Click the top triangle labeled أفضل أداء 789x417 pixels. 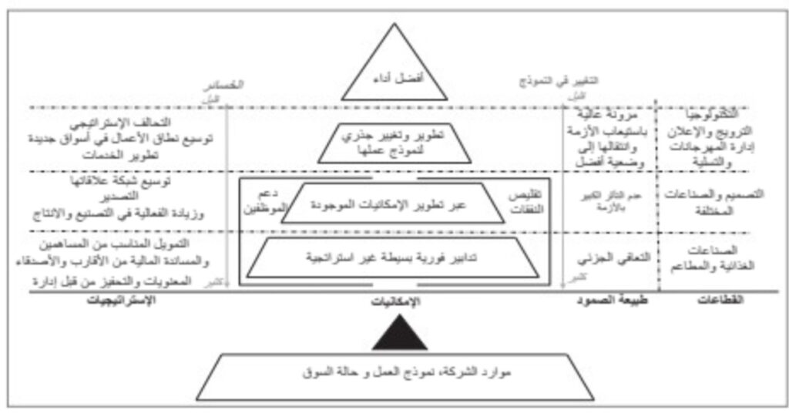pos(394,76)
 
